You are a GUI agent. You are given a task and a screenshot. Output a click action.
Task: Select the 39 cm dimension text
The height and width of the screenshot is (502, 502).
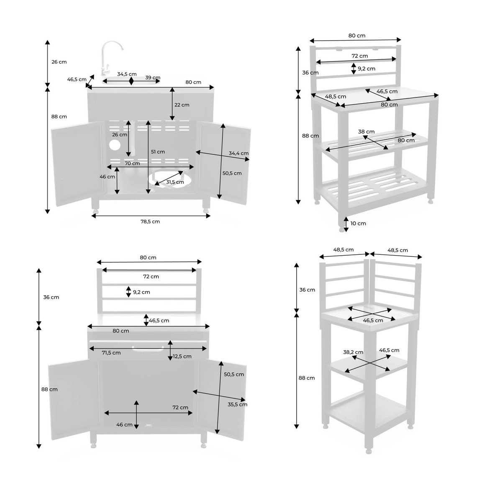click(x=153, y=77)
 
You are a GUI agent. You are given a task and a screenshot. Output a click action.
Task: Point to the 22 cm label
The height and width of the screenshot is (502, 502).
click(x=182, y=105)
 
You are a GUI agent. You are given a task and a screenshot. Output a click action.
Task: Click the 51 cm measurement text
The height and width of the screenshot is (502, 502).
click(x=158, y=151)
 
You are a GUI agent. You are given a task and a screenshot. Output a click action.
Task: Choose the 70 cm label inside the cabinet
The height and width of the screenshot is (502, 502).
click(x=132, y=163)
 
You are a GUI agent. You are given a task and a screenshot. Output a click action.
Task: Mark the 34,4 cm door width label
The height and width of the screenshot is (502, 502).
click(x=238, y=153)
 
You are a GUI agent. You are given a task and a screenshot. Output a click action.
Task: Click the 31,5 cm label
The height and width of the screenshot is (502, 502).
click(x=175, y=182)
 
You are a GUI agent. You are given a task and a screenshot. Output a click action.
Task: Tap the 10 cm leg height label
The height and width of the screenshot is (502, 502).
click(x=358, y=223)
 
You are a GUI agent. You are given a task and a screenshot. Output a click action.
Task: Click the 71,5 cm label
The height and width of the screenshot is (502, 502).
click(x=112, y=353)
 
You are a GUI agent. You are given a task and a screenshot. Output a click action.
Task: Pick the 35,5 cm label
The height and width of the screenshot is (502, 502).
click(x=237, y=405)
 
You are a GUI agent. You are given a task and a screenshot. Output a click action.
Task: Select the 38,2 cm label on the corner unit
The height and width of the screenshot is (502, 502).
click(x=353, y=352)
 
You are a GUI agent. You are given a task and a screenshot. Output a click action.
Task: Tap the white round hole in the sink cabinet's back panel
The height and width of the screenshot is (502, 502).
click(x=114, y=146)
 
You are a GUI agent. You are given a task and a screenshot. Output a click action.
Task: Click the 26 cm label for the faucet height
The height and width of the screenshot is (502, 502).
click(x=59, y=62)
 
